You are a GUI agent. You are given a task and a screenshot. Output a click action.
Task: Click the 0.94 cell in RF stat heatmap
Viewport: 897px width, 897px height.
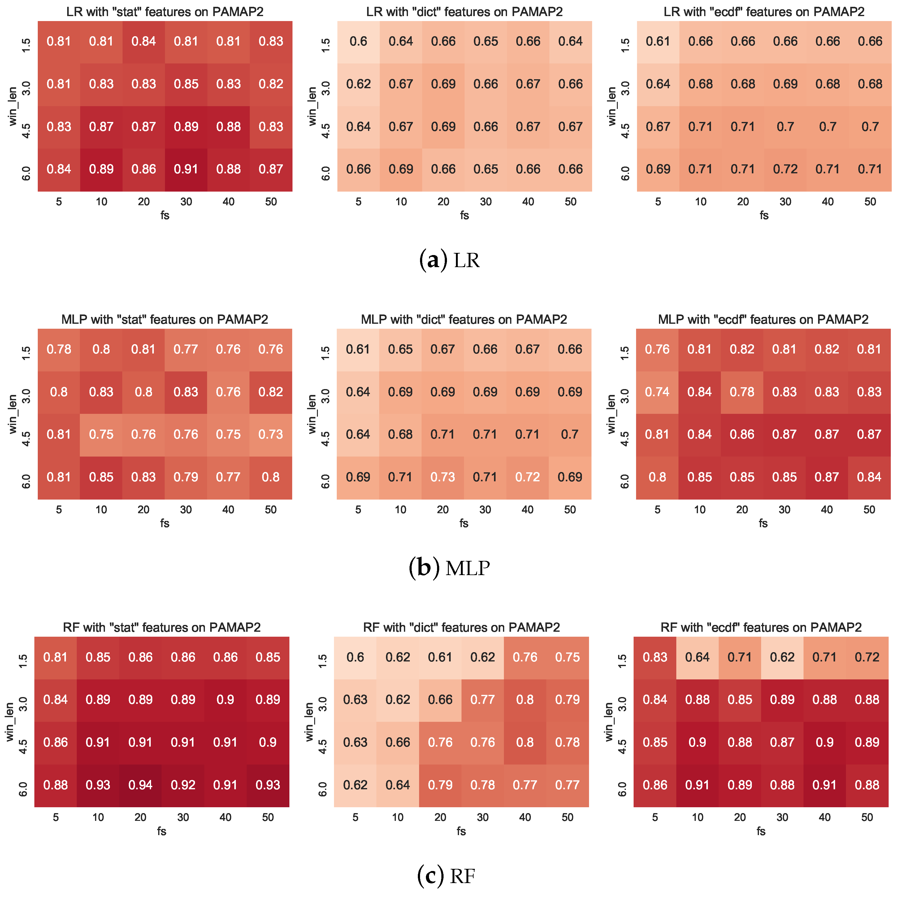[140, 785]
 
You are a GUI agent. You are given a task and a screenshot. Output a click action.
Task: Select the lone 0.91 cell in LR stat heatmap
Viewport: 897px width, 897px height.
[186, 169]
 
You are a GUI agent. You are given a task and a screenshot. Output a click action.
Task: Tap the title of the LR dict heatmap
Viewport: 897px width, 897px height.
[464, 12]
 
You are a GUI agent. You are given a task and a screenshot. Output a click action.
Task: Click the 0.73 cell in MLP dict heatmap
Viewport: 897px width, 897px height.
[443, 477]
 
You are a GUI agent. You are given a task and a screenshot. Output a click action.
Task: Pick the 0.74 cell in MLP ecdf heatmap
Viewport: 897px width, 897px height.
[657, 392]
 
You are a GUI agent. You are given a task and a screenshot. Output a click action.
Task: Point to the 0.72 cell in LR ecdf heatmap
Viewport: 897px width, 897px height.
[785, 169]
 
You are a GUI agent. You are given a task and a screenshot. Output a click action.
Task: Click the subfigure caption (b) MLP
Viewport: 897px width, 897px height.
[449, 568]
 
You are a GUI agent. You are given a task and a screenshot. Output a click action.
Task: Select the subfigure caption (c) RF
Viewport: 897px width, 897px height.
[447, 876]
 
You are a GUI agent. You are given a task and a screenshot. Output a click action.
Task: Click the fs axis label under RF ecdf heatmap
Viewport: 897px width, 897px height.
[760, 831]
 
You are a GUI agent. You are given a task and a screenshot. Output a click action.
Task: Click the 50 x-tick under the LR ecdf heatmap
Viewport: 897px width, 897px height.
[870, 201]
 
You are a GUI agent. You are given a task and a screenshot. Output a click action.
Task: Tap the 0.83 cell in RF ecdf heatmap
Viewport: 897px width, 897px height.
[655, 657]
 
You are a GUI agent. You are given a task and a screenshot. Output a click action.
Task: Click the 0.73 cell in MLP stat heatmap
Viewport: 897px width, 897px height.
[271, 434]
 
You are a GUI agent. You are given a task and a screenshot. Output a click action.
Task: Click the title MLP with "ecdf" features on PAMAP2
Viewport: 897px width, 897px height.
[763, 319]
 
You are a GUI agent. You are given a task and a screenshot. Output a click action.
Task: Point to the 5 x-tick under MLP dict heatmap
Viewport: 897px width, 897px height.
[358, 509]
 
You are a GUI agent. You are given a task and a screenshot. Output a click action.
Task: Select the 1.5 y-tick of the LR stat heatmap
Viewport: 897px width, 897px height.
[27, 45]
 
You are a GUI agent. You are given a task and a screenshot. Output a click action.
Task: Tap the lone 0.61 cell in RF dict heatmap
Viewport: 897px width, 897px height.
[440, 657]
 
